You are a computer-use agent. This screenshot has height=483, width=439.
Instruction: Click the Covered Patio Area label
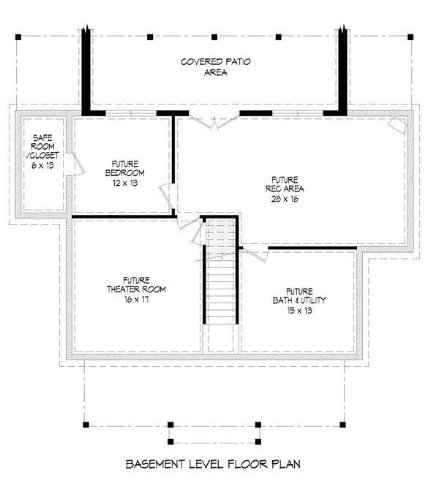pos(216,66)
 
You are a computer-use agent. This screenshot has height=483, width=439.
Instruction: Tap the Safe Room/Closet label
pos(42,146)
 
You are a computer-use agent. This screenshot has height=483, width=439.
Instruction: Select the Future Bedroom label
pos(124,168)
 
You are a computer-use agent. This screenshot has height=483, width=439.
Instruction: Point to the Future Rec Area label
pos(285,184)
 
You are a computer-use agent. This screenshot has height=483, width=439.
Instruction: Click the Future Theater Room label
pos(136,285)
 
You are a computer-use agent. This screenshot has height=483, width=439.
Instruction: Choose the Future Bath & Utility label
pos(299,296)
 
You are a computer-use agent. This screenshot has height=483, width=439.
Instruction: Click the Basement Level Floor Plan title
pos(213,464)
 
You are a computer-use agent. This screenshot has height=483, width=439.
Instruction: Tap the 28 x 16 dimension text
pos(285,199)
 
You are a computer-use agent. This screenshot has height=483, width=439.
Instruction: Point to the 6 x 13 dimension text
pos(42,165)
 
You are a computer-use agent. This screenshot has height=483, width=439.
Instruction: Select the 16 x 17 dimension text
pos(136,299)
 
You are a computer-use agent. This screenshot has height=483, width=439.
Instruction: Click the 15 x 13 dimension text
pos(299,311)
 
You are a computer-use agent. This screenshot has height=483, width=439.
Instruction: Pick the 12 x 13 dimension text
pos(125,183)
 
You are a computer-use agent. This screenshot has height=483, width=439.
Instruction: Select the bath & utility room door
pos(255,254)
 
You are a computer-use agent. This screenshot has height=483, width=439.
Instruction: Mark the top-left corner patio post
pos(18,37)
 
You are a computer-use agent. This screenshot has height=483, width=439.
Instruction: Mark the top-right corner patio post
pos(410,37)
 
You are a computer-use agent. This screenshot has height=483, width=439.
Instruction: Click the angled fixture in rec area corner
pos(397,125)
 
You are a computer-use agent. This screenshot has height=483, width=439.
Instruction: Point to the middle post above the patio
pos(214,37)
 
